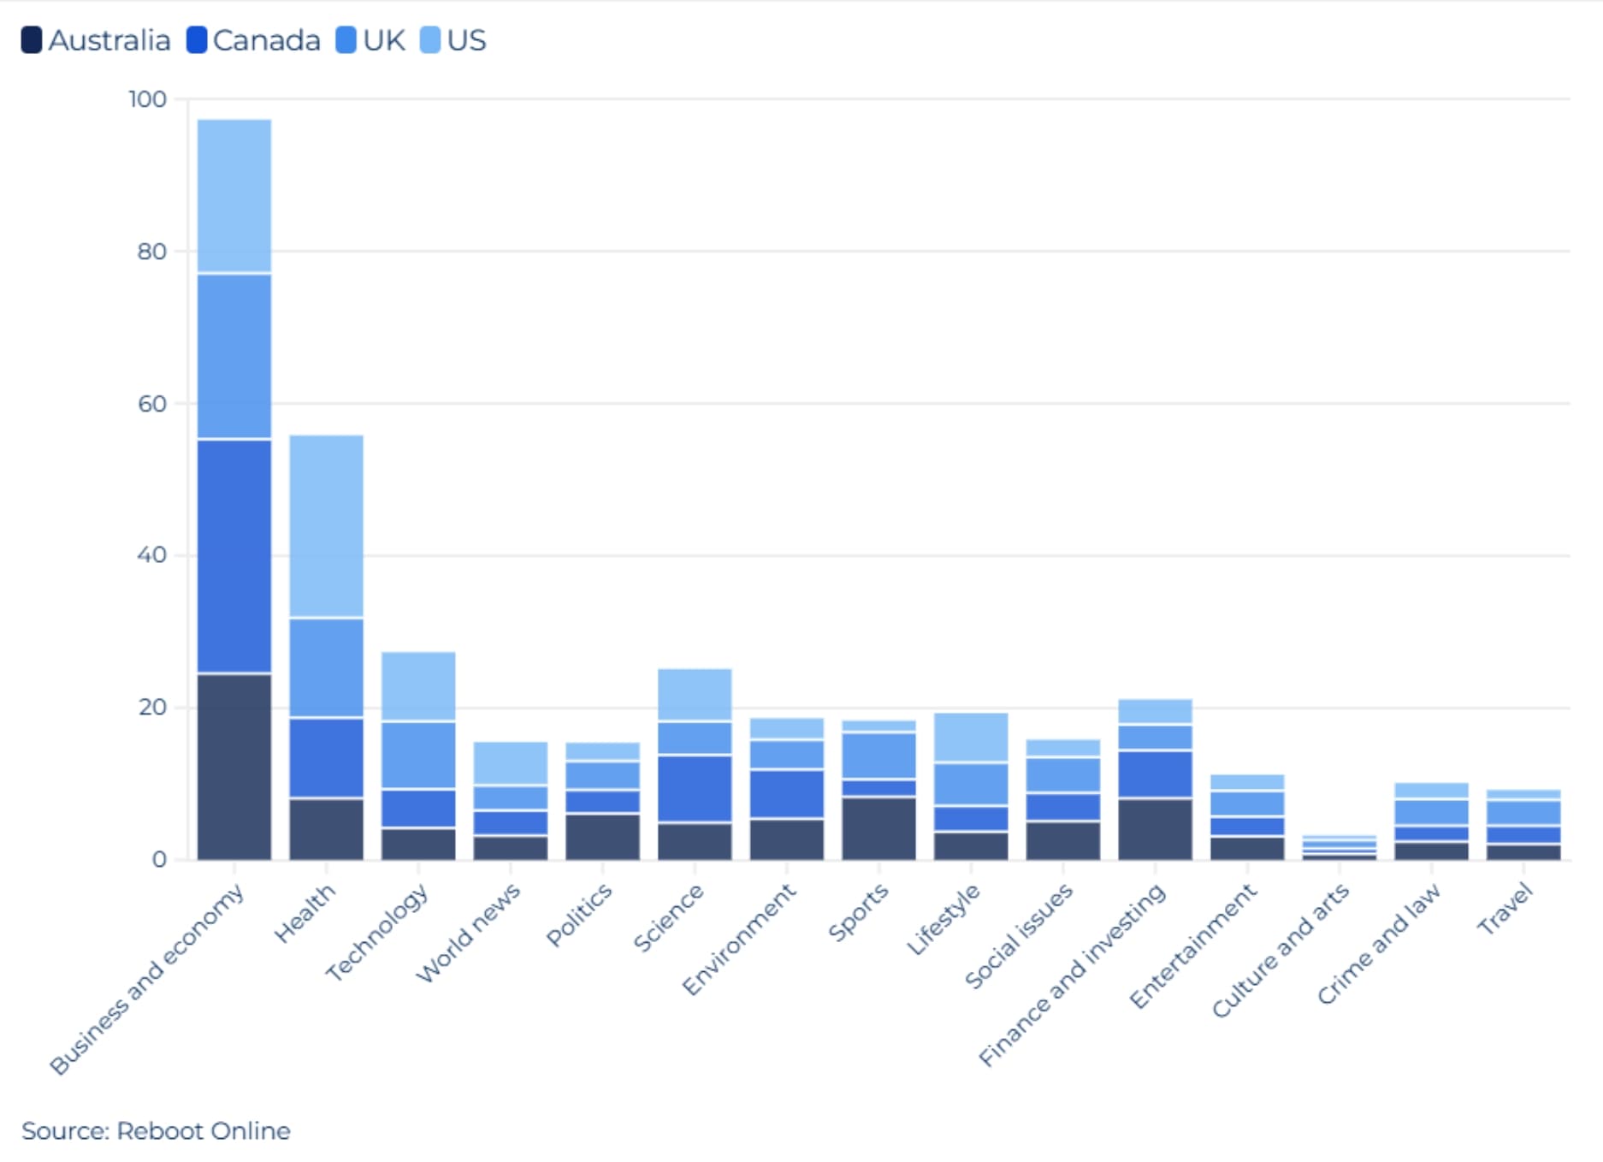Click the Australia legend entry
pyautogui.click(x=96, y=40)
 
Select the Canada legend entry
pyautogui.click(x=253, y=40)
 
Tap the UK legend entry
pyautogui.click(x=370, y=40)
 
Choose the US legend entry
pyautogui.click(x=453, y=40)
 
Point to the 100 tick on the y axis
pyautogui.click(x=147, y=99)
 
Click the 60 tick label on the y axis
pyautogui.click(x=151, y=404)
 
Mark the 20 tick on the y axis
pyautogui.click(x=151, y=708)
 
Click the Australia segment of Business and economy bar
pyautogui.click(x=234, y=766)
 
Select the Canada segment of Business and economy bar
pyautogui.click(x=234, y=556)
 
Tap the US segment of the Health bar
pyautogui.click(x=326, y=525)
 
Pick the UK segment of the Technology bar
pyautogui.click(x=418, y=755)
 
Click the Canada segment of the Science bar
pyautogui.click(x=695, y=788)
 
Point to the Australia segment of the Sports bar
pyautogui.click(x=878, y=827)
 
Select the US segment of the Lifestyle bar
pyautogui.click(x=971, y=737)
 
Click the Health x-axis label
pyautogui.click(x=305, y=913)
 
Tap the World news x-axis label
pyautogui.click(x=469, y=933)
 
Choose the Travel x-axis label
pyautogui.click(x=1505, y=909)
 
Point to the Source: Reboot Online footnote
pyautogui.click(x=156, y=1130)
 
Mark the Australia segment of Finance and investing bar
pyautogui.click(x=1155, y=828)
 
